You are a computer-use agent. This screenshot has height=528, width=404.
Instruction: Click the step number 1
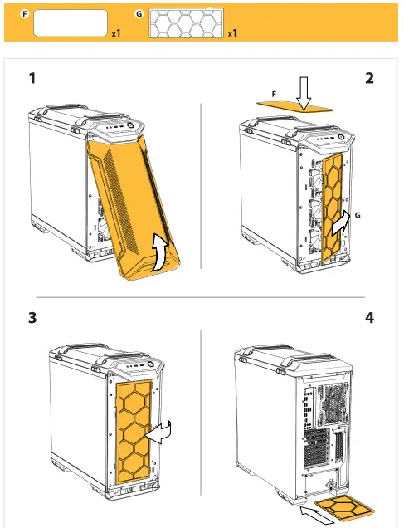pos(32,78)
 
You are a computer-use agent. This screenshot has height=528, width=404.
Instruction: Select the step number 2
pos(369,78)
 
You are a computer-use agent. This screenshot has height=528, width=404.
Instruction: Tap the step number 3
pos(32,317)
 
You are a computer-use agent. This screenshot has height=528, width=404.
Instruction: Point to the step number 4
pos(369,317)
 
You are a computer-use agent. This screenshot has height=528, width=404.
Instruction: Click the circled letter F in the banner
pos(25,14)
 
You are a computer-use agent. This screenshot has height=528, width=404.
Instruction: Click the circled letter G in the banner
pos(139,14)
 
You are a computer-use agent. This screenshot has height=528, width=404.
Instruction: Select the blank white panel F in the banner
pos(71,22)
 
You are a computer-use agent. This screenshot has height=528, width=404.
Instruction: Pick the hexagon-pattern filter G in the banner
pos(187,23)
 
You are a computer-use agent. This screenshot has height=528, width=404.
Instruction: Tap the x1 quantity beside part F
pos(116,33)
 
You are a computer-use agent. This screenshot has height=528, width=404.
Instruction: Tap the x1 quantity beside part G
pos(232,33)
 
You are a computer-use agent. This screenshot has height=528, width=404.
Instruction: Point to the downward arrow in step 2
pos(304,94)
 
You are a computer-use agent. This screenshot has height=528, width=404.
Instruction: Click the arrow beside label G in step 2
pos(341,225)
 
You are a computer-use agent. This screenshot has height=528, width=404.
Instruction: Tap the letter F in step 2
pos(274,95)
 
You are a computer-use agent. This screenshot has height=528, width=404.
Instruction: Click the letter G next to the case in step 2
pos(358,215)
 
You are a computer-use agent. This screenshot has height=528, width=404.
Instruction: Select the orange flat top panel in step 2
pos(294,107)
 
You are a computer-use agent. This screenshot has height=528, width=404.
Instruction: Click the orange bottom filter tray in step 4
pos(345,508)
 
